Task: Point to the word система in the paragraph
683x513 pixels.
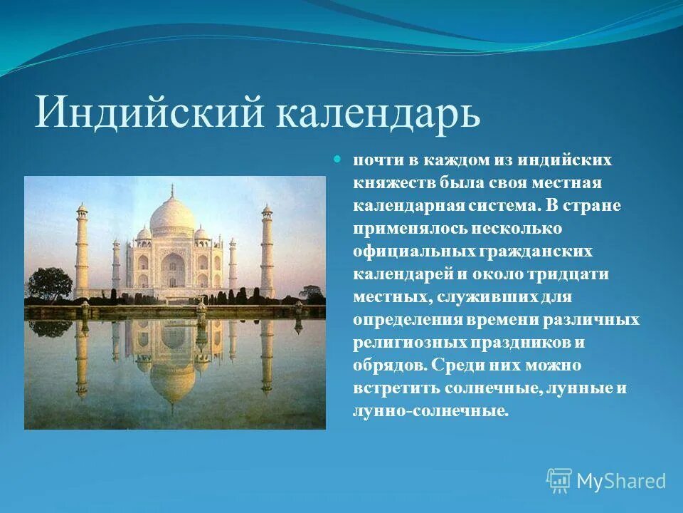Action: pyautogui.click(x=497, y=206)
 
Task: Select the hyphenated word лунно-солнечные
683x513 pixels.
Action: pyautogui.click(x=430, y=411)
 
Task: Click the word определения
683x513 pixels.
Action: pyautogui.click(x=408, y=320)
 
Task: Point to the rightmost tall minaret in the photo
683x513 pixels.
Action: pyautogui.click(x=267, y=249)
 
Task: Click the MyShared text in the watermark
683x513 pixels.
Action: pyautogui.click(x=621, y=481)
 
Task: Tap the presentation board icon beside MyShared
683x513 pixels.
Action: pyautogui.click(x=559, y=481)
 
